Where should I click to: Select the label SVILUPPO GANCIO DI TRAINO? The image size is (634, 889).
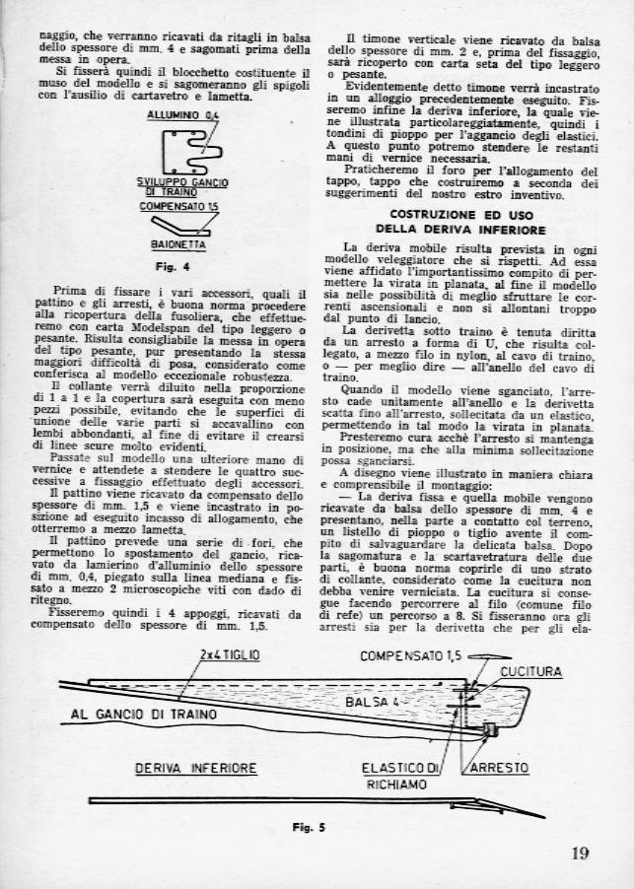pos(182,187)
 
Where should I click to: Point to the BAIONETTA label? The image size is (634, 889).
pos(178,243)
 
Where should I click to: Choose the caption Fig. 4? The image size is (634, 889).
pos(178,265)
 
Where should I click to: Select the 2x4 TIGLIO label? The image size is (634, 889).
pos(230,653)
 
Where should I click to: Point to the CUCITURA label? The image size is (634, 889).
pos(529,671)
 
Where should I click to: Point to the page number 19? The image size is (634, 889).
pos(580,854)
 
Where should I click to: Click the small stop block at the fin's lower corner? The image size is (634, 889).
pos(489,730)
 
